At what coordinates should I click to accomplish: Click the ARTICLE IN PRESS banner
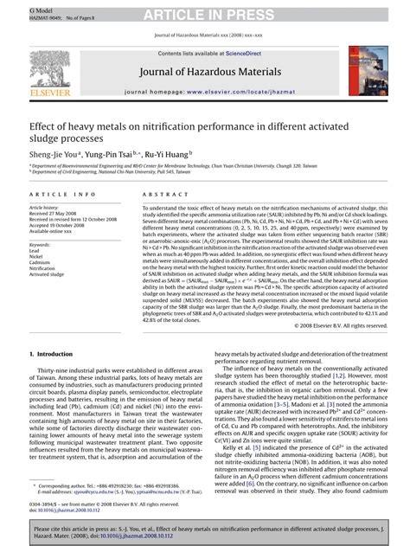click(x=205, y=11)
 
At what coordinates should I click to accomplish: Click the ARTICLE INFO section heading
click(x=59, y=196)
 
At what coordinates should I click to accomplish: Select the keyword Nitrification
click(x=44, y=269)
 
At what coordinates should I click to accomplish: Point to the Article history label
click(x=45, y=209)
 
